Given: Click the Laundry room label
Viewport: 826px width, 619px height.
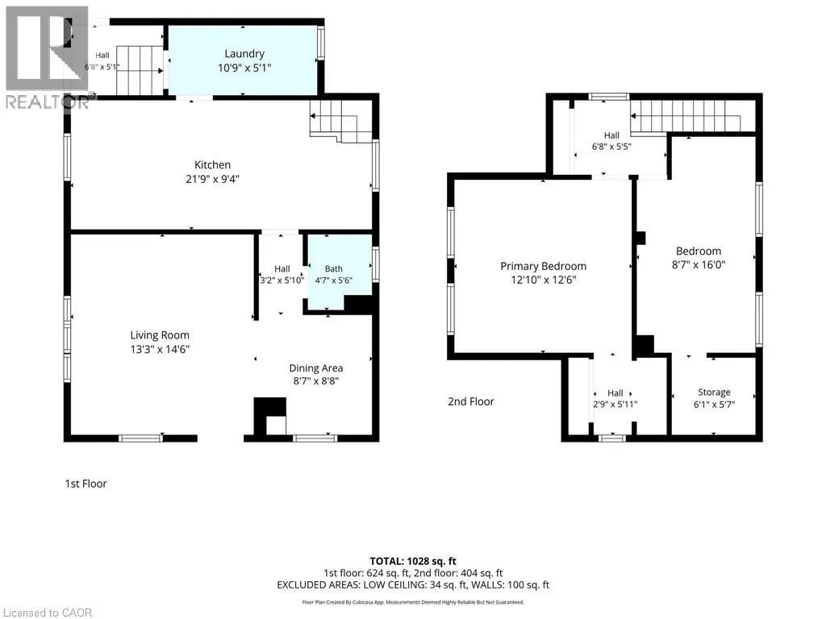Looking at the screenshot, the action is tap(244, 54).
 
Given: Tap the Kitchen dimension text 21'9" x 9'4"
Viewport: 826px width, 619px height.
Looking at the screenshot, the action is tap(212, 179).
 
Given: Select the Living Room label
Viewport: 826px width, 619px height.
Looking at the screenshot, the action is tap(160, 335).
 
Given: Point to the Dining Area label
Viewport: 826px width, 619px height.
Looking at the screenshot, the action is tap(316, 368).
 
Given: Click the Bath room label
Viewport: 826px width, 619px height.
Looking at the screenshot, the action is tap(333, 269).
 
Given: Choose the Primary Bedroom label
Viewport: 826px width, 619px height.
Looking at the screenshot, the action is tap(543, 266).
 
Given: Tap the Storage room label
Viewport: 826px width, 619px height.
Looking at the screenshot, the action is tap(714, 393).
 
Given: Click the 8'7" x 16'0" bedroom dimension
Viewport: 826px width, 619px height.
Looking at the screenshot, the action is tap(699, 264).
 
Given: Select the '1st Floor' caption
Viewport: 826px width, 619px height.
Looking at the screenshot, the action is tap(86, 484).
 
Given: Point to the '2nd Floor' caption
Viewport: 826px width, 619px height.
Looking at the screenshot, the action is tap(471, 401).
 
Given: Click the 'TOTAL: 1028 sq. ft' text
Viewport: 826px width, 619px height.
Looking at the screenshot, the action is tap(413, 561).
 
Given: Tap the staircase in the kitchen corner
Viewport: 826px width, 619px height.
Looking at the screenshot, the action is tap(341, 121).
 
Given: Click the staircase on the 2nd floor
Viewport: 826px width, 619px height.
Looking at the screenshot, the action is tap(686, 116).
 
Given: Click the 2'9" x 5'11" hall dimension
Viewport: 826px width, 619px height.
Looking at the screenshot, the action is tap(615, 405).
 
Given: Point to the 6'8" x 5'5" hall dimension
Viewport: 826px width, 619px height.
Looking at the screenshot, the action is tap(611, 147).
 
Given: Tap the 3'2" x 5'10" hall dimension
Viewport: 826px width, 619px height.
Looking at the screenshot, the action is tap(282, 280).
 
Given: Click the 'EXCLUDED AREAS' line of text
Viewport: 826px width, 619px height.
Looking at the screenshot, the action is tap(413, 585).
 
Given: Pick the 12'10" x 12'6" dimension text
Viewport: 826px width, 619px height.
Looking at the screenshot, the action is tap(543, 280).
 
